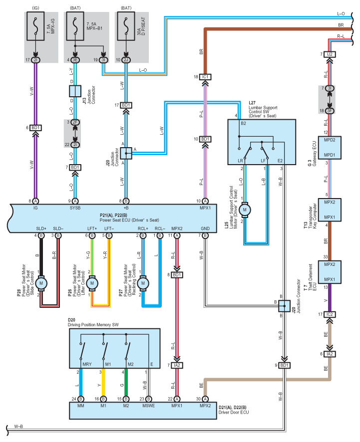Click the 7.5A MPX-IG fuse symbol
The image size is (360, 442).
coord(35,26)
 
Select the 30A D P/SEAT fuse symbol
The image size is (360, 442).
coord(126,26)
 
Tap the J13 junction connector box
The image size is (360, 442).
coord(75,91)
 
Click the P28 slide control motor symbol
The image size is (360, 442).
coord(41,283)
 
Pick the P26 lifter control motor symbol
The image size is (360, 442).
coord(92,283)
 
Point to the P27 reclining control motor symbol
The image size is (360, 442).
coord(143,283)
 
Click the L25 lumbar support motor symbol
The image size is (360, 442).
coord(245,210)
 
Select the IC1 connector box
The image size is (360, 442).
coord(205,77)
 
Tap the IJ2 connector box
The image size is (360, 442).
coord(330,54)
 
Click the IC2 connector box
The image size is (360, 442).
coord(330,314)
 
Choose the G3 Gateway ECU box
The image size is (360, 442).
coord(330,148)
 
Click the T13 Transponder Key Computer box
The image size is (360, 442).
coord(330,210)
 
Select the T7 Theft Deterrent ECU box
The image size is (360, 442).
coord(330,272)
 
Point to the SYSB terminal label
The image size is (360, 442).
coord(75,208)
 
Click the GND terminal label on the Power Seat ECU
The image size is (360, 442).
coord(205,228)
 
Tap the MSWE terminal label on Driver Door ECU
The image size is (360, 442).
coord(148,406)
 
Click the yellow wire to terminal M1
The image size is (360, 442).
coord(103,382)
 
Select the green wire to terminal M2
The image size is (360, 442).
coord(126,382)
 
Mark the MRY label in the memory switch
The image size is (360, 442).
coord(87,364)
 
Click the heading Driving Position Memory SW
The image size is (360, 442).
coord(93,325)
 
